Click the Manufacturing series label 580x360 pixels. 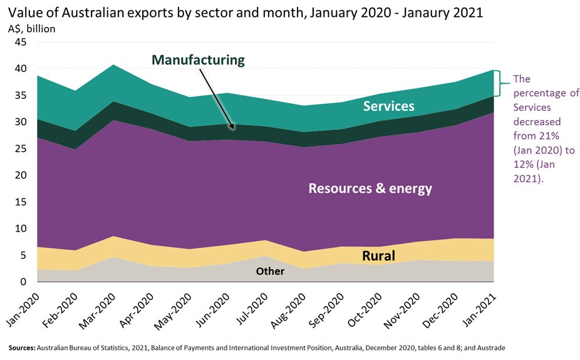[x=198, y=60]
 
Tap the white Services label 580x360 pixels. [x=388, y=106]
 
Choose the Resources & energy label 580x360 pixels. [x=370, y=188]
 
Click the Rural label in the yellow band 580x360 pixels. [x=378, y=255]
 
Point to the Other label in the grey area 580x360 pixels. [x=270, y=272]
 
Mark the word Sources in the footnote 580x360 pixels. [x=21, y=347]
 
